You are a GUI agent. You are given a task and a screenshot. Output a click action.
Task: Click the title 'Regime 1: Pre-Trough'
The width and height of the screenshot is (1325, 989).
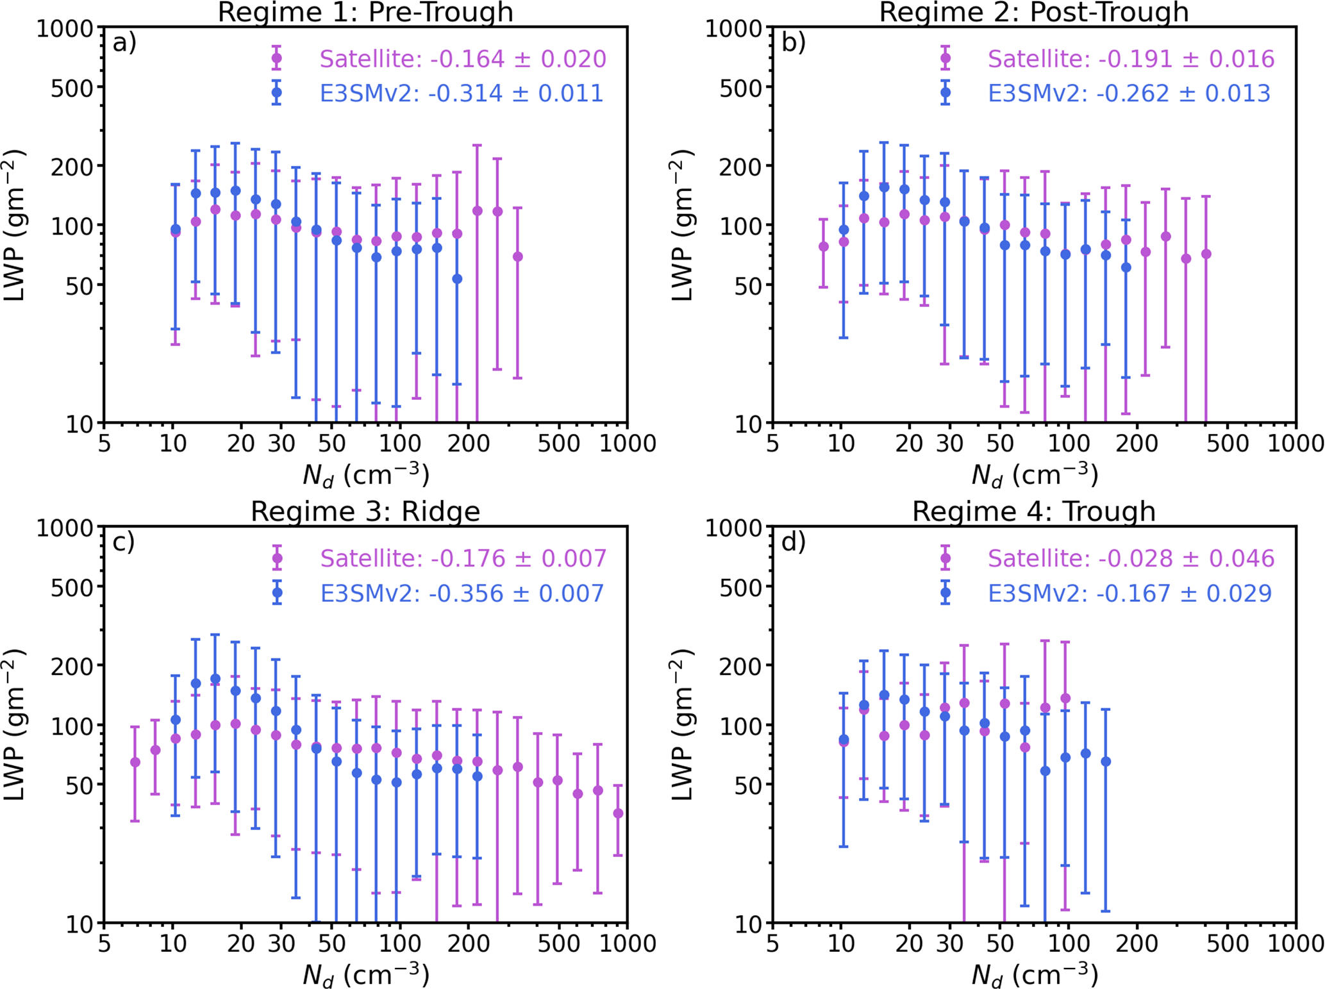pyautogui.click(x=365, y=12)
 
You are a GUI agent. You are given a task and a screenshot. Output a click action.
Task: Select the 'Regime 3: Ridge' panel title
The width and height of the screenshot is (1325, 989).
pyautogui.click(x=365, y=511)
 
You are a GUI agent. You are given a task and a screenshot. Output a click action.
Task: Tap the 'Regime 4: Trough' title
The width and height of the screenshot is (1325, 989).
pyautogui.click(x=1033, y=511)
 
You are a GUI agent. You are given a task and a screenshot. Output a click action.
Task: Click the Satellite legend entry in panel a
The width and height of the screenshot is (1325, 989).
pyautogui.click(x=462, y=59)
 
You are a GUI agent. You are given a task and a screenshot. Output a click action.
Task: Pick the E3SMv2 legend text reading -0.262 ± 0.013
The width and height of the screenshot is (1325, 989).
pyautogui.click(x=1129, y=94)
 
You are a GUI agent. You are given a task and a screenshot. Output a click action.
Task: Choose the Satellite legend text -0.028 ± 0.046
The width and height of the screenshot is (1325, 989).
pyautogui.click(x=1131, y=558)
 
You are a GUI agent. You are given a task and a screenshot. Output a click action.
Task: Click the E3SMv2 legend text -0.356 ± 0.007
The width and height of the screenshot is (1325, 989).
pyautogui.click(x=462, y=593)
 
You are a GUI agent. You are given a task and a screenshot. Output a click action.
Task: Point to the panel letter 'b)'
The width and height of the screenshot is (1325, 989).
pyautogui.click(x=793, y=43)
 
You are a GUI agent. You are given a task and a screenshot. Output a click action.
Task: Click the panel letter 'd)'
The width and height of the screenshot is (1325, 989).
pyautogui.click(x=793, y=542)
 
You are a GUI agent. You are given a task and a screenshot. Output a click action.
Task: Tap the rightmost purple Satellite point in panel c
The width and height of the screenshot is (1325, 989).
pyautogui.click(x=618, y=813)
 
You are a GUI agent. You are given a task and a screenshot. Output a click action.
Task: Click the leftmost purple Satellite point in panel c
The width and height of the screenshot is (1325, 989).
pyautogui.click(x=135, y=762)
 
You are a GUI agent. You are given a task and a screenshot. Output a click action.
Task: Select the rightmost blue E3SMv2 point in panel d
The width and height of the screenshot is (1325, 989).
pyautogui.click(x=1106, y=761)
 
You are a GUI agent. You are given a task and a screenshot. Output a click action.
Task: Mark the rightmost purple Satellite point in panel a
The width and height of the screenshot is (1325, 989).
pyautogui.click(x=517, y=257)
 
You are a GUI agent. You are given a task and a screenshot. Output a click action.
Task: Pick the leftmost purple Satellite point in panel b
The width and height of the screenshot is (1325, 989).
pyautogui.click(x=824, y=247)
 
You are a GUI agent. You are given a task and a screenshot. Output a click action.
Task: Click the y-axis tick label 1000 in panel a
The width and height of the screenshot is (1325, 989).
pyautogui.click(x=65, y=29)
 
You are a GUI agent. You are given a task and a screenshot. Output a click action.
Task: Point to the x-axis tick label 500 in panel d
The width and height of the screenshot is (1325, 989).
pyautogui.click(x=1228, y=944)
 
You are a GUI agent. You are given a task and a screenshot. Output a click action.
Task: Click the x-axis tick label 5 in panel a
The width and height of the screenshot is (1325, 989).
pyautogui.click(x=104, y=444)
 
